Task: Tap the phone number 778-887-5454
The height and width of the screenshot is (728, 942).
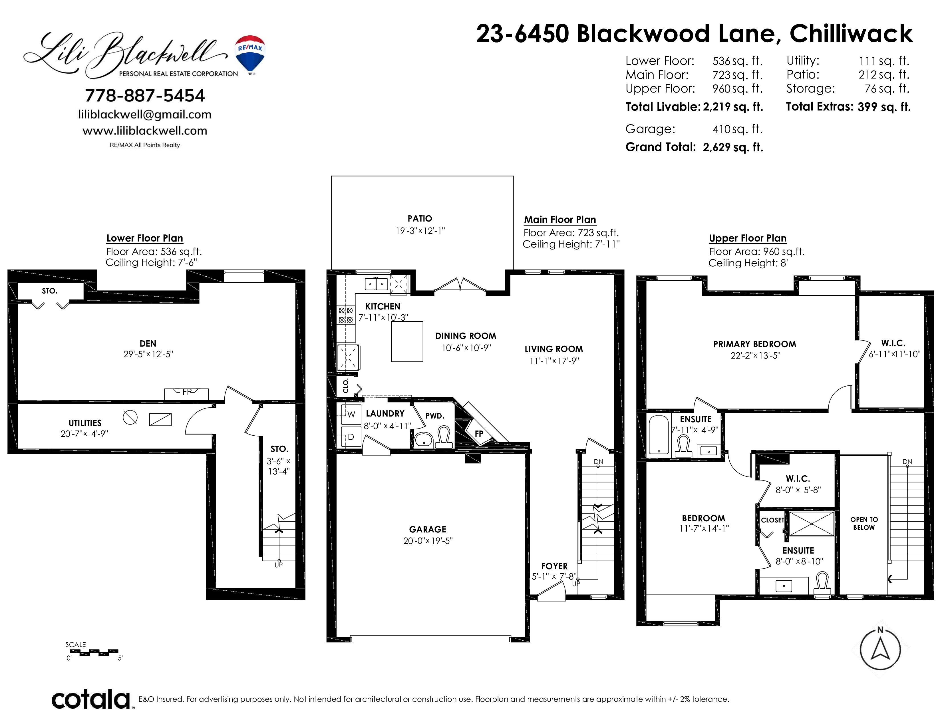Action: pos(145,96)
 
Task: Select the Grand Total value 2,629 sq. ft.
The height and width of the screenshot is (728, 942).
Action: pos(733,148)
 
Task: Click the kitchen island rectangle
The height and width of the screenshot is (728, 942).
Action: pos(407,341)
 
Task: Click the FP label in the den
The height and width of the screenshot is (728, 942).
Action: pos(187,392)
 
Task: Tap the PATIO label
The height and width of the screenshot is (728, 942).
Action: pos(420,219)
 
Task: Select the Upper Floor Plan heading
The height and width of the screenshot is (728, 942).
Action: pos(748,238)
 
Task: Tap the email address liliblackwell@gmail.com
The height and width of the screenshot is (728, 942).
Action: pos(145,115)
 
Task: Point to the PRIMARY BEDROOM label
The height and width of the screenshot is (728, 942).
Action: pos(754,344)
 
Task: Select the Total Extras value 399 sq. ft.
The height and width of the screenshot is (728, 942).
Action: pos(884,107)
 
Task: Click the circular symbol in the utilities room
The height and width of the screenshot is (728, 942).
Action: pos(130,417)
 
